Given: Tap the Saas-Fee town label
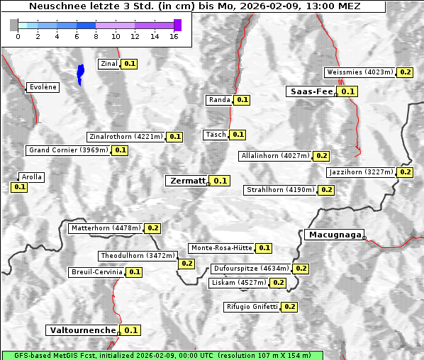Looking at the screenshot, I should click(311, 91).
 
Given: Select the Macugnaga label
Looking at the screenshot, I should click(334, 235).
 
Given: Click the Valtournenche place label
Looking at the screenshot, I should click(82, 330).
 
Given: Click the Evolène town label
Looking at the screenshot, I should click(43, 87).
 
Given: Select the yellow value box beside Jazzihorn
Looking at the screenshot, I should click(405, 172).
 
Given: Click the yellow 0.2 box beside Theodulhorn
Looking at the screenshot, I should click(186, 264).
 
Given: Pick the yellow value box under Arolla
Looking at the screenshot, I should click(19, 187).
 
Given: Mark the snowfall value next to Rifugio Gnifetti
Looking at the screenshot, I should click(289, 307).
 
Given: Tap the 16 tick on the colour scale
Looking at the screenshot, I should click(174, 35).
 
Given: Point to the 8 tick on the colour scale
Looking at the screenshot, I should click(96, 35).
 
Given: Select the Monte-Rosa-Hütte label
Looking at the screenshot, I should click(221, 248).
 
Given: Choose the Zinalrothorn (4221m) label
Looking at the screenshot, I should click(125, 137).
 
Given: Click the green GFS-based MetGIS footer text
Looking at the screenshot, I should click(162, 355).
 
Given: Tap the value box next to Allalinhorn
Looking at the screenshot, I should click(321, 156).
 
